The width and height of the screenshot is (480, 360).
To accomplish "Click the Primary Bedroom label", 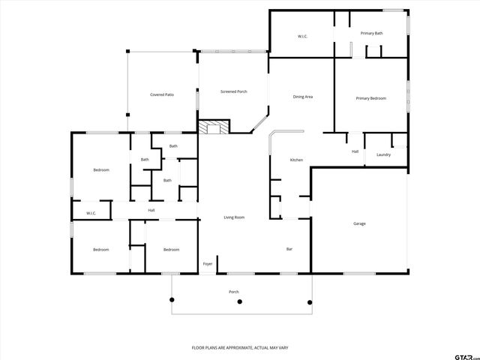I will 370,98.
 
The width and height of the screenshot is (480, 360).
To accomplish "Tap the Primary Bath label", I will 371,34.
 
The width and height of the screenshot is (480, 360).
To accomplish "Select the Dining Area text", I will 302,97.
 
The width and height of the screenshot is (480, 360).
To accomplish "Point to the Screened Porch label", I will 233,91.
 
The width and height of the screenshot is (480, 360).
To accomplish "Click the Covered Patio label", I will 162,94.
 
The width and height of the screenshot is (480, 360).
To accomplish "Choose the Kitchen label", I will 296,160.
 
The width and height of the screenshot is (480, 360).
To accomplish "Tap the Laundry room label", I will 383,154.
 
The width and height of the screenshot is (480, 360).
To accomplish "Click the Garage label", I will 359,223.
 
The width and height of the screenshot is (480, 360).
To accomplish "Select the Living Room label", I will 234,217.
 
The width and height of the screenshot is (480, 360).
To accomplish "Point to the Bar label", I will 289,249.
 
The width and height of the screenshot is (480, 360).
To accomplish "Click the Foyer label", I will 208,264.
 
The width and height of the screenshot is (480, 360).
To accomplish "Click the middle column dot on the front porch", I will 240,302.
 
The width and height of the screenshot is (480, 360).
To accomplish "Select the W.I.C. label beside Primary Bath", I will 302,36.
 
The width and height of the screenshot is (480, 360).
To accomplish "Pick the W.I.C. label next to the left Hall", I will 91,214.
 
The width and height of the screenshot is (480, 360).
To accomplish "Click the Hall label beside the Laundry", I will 355,151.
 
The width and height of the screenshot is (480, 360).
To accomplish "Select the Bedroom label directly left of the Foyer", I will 171,250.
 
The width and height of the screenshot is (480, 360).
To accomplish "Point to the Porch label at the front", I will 234,291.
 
